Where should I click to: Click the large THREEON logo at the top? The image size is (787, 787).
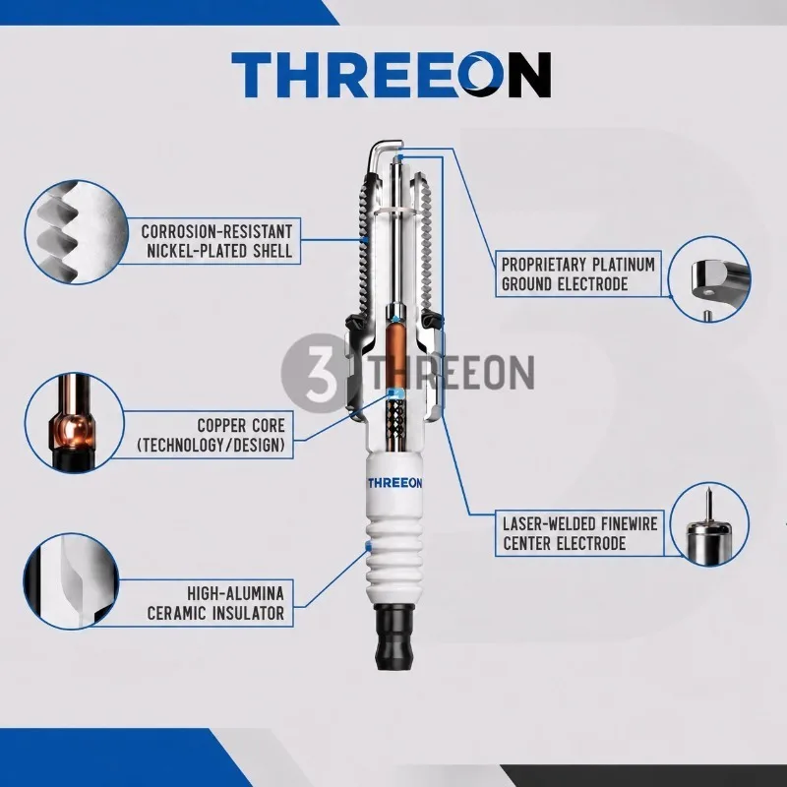(x=391, y=75)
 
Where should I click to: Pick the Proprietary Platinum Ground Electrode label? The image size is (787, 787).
(x=578, y=274)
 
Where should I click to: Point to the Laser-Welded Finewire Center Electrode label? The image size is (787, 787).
(x=579, y=533)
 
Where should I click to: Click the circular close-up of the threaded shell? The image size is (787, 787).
(x=77, y=232)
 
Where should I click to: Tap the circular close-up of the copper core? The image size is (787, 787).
(x=75, y=422)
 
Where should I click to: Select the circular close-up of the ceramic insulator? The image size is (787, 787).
(x=71, y=580)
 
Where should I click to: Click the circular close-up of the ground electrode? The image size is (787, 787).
(x=709, y=279)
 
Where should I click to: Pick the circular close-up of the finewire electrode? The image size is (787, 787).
(x=709, y=524)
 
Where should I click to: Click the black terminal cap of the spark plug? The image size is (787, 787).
(x=394, y=636)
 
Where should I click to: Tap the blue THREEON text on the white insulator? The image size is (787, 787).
(x=394, y=483)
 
